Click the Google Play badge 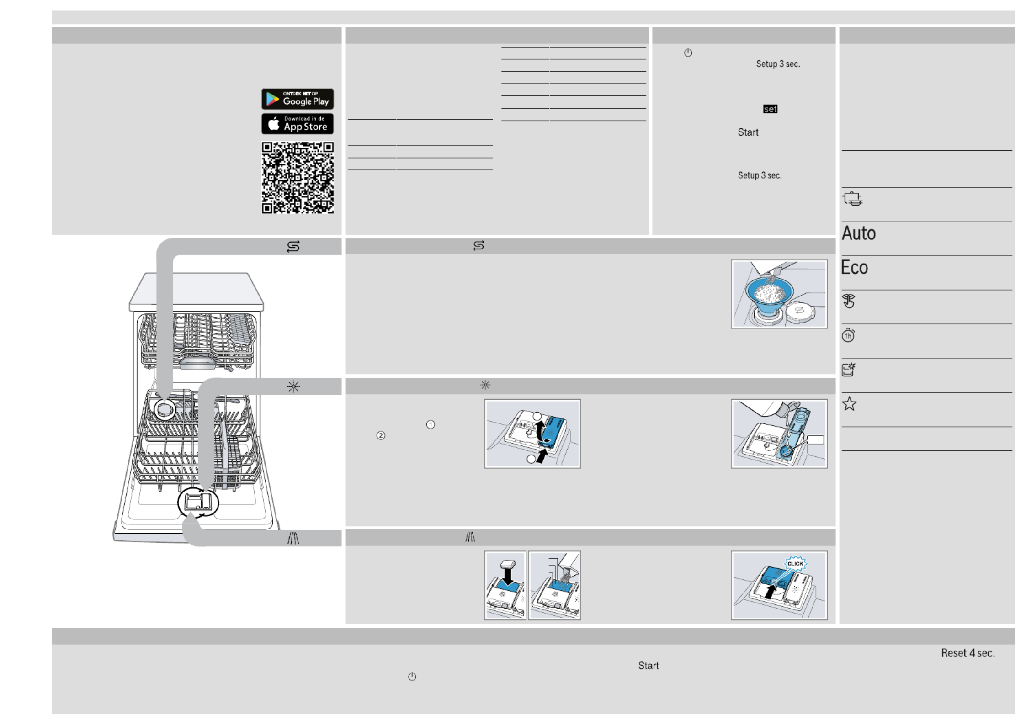pyautogui.click(x=297, y=99)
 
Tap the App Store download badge pyautogui.click(x=297, y=124)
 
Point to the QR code pyautogui.click(x=298, y=178)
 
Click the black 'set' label pyautogui.click(x=770, y=109)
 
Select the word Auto pyautogui.click(x=859, y=233)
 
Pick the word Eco pyautogui.click(x=854, y=267)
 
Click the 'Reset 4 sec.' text pyautogui.click(x=968, y=653)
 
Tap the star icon pyautogui.click(x=849, y=404)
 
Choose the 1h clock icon pyautogui.click(x=848, y=336)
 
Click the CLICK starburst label pyautogui.click(x=796, y=564)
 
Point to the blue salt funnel pyautogui.click(x=769, y=295)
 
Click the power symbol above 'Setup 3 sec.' pyautogui.click(x=688, y=53)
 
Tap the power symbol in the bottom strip pyautogui.click(x=412, y=677)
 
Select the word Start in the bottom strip pyautogui.click(x=649, y=666)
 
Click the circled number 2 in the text pyautogui.click(x=381, y=435)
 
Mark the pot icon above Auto pyautogui.click(x=852, y=199)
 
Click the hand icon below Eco pyautogui.click(x=849, y=301)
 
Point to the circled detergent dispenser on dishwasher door pyautogui.click(x=198, y=503)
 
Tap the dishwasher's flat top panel pyautogui.click(x=197, y=291)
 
